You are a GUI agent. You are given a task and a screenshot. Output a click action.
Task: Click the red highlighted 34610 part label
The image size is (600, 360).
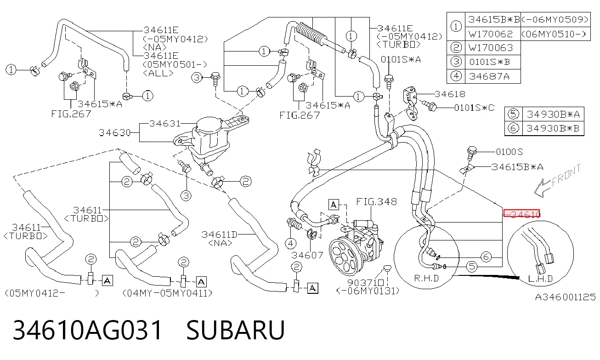tap(521, 213)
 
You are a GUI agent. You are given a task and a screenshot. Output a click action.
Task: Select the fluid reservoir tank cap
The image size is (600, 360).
tap(209, 124)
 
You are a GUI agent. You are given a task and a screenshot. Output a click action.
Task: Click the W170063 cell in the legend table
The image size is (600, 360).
tap(491, 48)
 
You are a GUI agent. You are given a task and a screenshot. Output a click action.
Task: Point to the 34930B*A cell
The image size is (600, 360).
tap(553, 114)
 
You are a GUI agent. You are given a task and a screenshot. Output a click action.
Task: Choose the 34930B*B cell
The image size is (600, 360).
tap(553, 128)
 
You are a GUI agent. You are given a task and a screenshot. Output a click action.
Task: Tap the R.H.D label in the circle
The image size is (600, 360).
tap(426, 279)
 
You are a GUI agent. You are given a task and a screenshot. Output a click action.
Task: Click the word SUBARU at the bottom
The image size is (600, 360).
tap(235, 330)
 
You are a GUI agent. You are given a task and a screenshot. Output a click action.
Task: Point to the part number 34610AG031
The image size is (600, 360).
tap(87, 330)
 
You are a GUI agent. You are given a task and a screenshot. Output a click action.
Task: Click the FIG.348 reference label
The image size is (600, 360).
tap(376, 201)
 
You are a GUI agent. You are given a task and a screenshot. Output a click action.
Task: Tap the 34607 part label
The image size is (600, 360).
tap(307, 255)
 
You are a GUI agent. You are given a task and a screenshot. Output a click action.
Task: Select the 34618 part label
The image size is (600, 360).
tap(450, 94)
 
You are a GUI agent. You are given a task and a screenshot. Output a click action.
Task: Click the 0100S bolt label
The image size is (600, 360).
tap(509, 152)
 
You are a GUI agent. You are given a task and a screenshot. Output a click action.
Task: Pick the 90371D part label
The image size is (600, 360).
tap(366, 283)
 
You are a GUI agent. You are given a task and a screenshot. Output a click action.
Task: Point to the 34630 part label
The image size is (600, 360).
tap(114, 133)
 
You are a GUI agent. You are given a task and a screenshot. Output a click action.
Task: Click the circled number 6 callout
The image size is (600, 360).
tap(486, 257)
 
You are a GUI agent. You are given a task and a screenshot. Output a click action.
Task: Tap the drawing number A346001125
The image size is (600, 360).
tap(565, 297)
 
